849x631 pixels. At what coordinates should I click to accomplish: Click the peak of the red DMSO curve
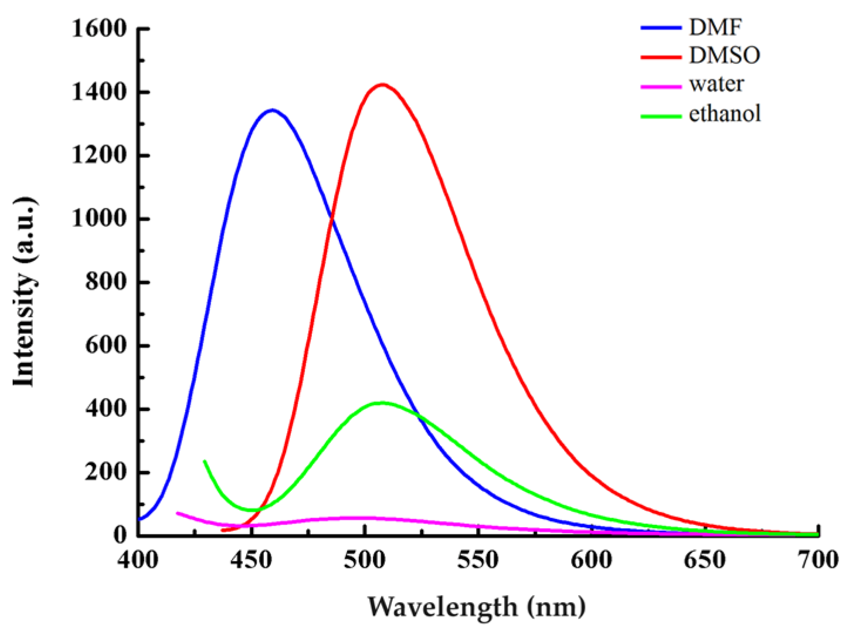click(x=382, y=84)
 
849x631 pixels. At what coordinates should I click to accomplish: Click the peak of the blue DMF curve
click(x=272, y=110)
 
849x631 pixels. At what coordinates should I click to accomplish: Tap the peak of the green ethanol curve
click(x=382, y=403)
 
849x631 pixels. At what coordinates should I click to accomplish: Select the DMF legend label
click(x=715, y=27)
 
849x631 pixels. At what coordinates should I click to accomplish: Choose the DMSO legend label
click(x=725, y=55)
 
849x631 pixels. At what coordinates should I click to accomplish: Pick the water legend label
click(x=716, y=84)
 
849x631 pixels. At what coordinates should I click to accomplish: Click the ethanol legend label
click(x=725, y=113)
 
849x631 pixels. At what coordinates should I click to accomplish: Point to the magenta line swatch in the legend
click(x=661, y=86)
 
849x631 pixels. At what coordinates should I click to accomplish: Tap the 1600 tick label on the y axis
click(x=99, y=28)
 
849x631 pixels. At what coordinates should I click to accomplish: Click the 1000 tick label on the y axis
click(x=99, y=218)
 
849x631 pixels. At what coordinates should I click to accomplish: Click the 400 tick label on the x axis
click(x=138, y=559)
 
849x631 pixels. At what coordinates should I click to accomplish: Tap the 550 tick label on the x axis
click(x=478, y=559)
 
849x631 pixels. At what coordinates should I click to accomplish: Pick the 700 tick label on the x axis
click(x=818, y=559)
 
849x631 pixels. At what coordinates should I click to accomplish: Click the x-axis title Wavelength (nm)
click(x=476, y=606)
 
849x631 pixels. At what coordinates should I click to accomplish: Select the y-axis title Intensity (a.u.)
click(x=25, y=292)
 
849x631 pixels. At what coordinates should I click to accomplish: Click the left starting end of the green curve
click(x=204, y=461)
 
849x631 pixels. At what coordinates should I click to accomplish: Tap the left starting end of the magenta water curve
click(x=178, y=513)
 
